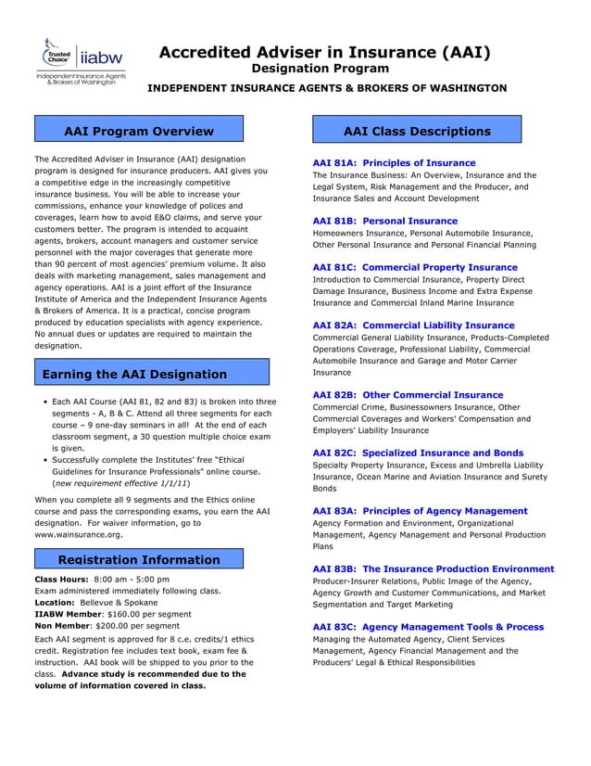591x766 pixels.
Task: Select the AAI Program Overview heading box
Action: point(138,131)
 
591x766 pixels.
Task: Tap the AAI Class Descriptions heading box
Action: point(416,131)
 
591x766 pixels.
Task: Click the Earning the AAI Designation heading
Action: point(135,374)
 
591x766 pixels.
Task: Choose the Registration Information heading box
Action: point(139,559)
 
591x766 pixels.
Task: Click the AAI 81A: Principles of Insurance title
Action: point(394,162)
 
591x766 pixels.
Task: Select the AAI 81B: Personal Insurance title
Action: point(385,221)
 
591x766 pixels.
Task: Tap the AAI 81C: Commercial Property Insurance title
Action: point(415,267)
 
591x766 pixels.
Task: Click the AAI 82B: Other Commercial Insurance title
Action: point(408,395)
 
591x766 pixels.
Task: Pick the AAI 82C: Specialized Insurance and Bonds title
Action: point(418,453)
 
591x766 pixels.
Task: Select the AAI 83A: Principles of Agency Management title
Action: point(420,510)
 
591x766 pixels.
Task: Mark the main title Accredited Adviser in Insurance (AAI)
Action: point(324,53)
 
